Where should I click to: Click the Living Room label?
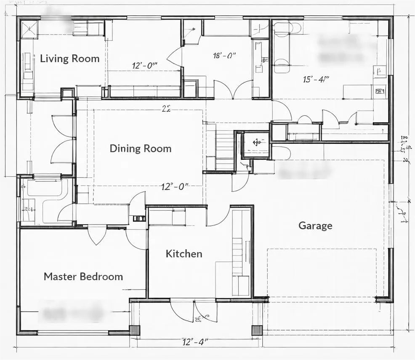click(x=70, y=58)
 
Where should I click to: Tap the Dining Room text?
click(x=141, y=148)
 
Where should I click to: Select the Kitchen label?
click(x=184, y=254)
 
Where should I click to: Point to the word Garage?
click(x=315, y=226)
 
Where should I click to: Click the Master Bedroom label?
click(x=83, y=276)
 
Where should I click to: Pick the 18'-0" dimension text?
click(x=224, y=55)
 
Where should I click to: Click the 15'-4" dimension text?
click(x=316, y=79)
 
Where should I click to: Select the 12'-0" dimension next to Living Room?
click(x=144, y=65)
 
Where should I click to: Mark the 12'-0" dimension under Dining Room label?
click(x=175, y=186)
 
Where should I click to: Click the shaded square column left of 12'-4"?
click(x=134, y=330)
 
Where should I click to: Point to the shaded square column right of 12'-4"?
click(x=257, y=330)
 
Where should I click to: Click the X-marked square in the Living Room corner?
click(x=29, y=29)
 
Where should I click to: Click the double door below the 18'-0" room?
click(x=234, y=90)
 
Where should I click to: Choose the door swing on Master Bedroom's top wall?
click(x=97, y=236)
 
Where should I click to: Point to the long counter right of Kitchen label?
click(x=242, y=252)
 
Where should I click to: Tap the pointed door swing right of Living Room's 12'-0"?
click(x=175, y=58)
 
